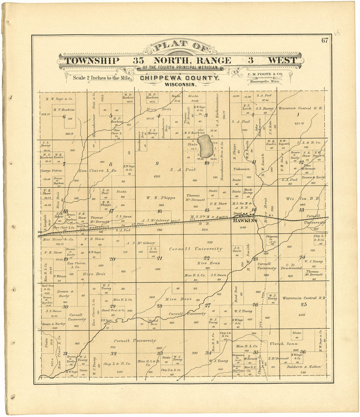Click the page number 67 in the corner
pos(324,41)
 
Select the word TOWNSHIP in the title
pos(92,61)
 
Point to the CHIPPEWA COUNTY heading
pos(180,78)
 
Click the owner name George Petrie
pos(51,171)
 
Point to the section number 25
pos(304,304)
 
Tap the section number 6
pos(64,117)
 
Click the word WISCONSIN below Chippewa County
pos(181,84)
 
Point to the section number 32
pos(113,354)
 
